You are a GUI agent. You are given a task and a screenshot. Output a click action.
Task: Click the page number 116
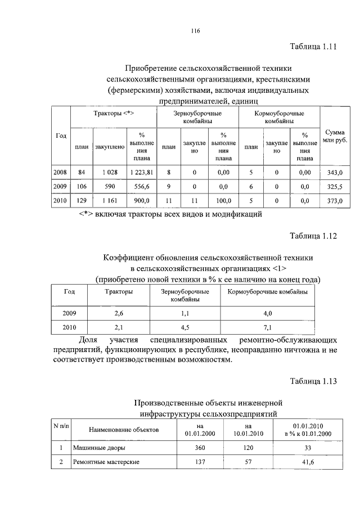(196, 30)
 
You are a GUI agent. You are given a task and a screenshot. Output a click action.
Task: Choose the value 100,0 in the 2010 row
(223, 200)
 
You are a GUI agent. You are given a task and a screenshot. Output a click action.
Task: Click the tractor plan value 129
(82, 200)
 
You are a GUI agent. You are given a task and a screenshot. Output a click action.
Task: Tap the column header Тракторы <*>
(112, 114)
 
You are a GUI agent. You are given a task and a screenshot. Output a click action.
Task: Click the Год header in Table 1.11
(61, 136)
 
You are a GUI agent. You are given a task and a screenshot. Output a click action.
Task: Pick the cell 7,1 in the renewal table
(267, 327)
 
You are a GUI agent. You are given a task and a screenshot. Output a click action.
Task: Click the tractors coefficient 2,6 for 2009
(119, 313)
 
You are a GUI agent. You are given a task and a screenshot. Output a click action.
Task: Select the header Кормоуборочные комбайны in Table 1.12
(267, 292)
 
